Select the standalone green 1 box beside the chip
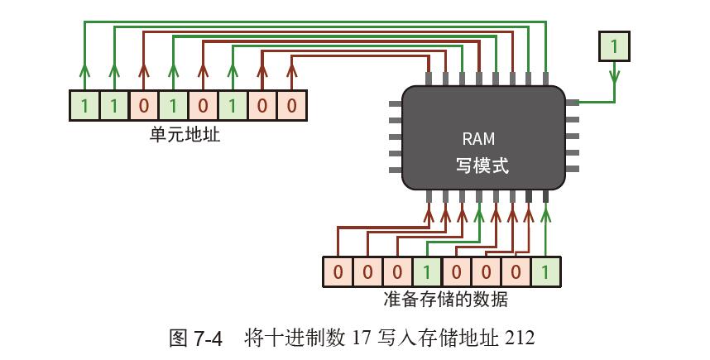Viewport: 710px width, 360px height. click(x=613, y=46)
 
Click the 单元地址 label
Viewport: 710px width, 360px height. click(x=185, y=135)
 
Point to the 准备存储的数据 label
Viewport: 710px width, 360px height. click(x=445, y=300)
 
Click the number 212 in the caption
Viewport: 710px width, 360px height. click(x=520, y=338)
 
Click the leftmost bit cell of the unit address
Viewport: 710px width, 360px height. click(x=84, y=105)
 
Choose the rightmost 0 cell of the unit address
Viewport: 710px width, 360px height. click(x=292, y=105)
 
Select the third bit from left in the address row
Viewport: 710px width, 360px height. click(x=143, y=105)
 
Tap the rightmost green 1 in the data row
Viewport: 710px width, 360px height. click(x=545, y=272)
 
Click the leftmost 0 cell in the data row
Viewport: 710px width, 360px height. click(x=338, y=272)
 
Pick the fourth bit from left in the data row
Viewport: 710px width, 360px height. click(x=426, y=272)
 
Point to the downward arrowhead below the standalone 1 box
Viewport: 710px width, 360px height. click(x=613, y=78)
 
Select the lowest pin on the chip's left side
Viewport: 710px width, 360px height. click(x=395, y=170)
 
